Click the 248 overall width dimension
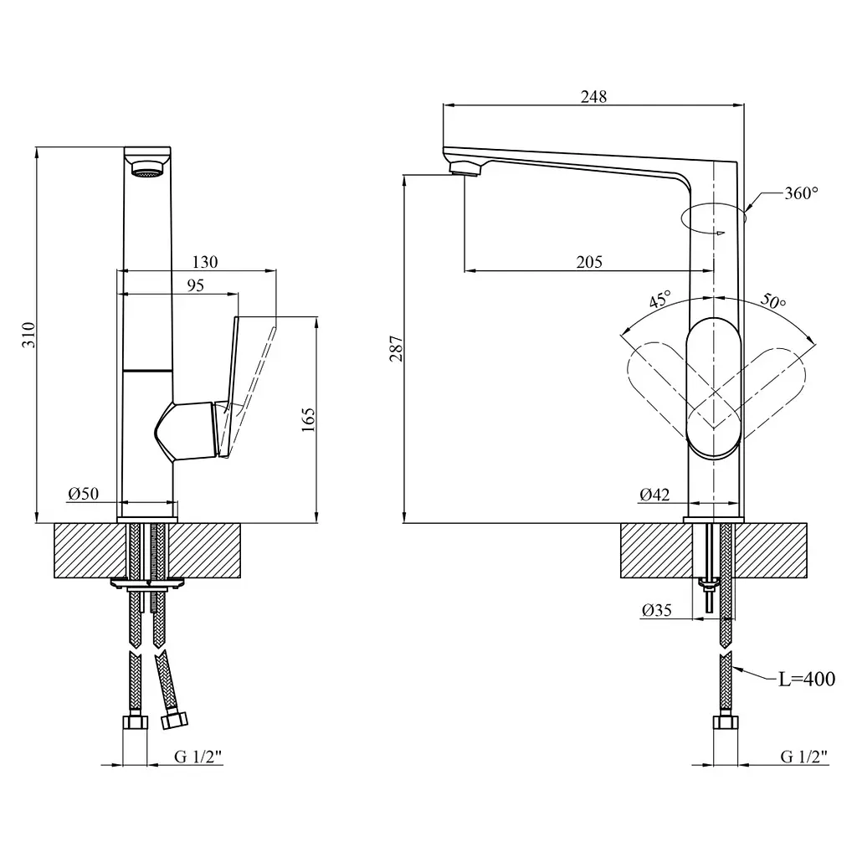[x=593, y=97]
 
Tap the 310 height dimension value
[x=28, y=335]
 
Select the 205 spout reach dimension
[x=589, y=262]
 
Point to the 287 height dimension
[x=396, y=349]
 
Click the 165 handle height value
[x=308, y=420]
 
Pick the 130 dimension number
[x=205, y=262]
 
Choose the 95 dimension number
[x=195, y=285]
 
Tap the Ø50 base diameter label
[x=84, y=494]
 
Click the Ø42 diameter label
[x=654, y=495]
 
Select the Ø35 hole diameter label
[x=657, y=610]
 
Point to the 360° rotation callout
[x=801, y=193]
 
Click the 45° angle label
[x=660, y=300]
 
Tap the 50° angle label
[x=773, y=300]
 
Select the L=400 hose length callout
[x=807, y=679]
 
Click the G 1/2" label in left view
[x=198, y=757]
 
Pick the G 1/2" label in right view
[x=804, y=757]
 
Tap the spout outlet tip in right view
[x=465, y=169]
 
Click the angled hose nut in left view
[x=175, y=720]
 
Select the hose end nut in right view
[x=726, y=724]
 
